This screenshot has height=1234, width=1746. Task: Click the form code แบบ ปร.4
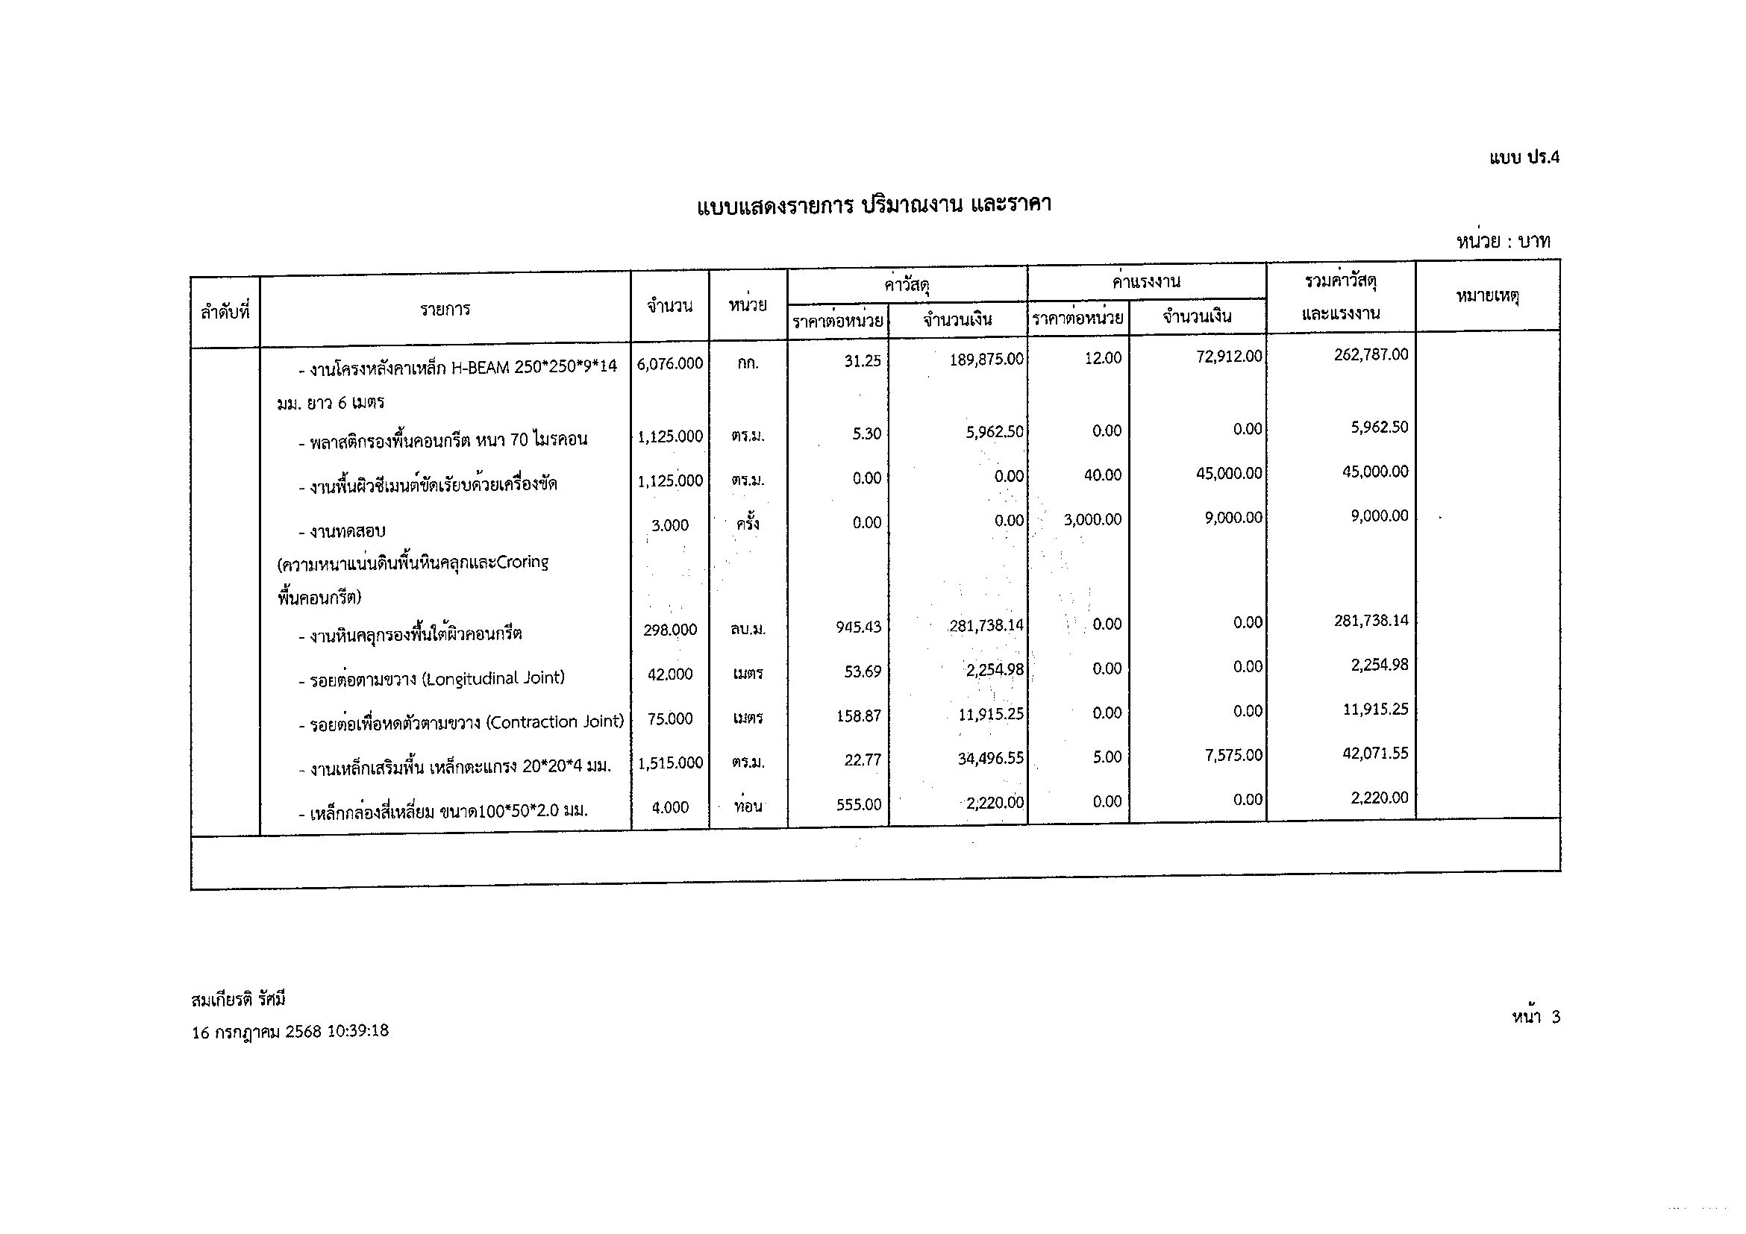(x=1523, y=157)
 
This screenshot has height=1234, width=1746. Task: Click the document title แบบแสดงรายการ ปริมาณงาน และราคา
(x=874, y=205)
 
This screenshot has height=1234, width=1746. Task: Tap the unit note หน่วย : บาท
(x=1503, y=242)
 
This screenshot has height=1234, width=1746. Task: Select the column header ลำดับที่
(x=225, y=312)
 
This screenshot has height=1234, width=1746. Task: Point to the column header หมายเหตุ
(x=1486, y=296)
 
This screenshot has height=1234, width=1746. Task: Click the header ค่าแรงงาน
(x=1146, y=282)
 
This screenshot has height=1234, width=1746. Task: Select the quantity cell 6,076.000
(x=670, y=364)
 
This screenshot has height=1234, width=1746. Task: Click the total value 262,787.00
(x=1371, y=355)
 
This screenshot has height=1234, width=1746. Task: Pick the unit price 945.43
(x=859, y=627)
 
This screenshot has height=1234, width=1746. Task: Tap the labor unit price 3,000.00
(x=1092, y=520)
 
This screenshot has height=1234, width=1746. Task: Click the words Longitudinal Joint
(x=494, y=677)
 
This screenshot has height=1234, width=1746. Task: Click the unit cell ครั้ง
(x=748, y=524)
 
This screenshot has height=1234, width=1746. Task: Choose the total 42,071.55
(x=1375, y=754)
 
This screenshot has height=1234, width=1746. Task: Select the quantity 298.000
(x=670, y=630)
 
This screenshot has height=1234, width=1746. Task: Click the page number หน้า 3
(x=1536, y=1018)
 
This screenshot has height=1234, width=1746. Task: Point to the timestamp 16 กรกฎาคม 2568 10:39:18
(x=290, y=1032)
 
